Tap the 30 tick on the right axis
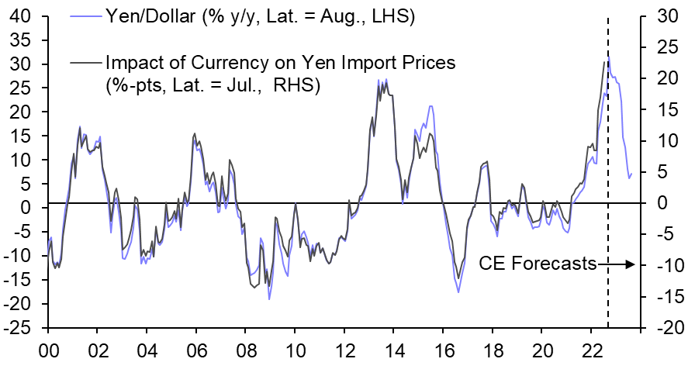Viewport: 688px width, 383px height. pyautogui.click(x=659, y=16)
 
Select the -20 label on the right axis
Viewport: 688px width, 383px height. pyautogui.click(x=661, y=328)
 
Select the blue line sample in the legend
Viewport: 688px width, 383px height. pyautogui.click(x=85, y=16)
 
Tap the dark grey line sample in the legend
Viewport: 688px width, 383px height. pyautogui.click(x=85, y=61)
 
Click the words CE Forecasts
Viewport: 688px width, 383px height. pyautogui.click(x=537, y=264)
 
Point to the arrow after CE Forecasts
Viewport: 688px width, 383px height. pyautogui.click(x=617, y=264)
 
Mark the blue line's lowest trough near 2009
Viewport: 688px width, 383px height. pyautogui.click(x=269, y=298)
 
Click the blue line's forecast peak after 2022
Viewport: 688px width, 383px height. pyautogui.click(x=610, y=57)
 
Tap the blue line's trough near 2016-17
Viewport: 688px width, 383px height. pyautogui.click(x=458, y=292)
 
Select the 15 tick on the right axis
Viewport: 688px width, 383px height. pyautogui.click(x=659, y=110)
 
